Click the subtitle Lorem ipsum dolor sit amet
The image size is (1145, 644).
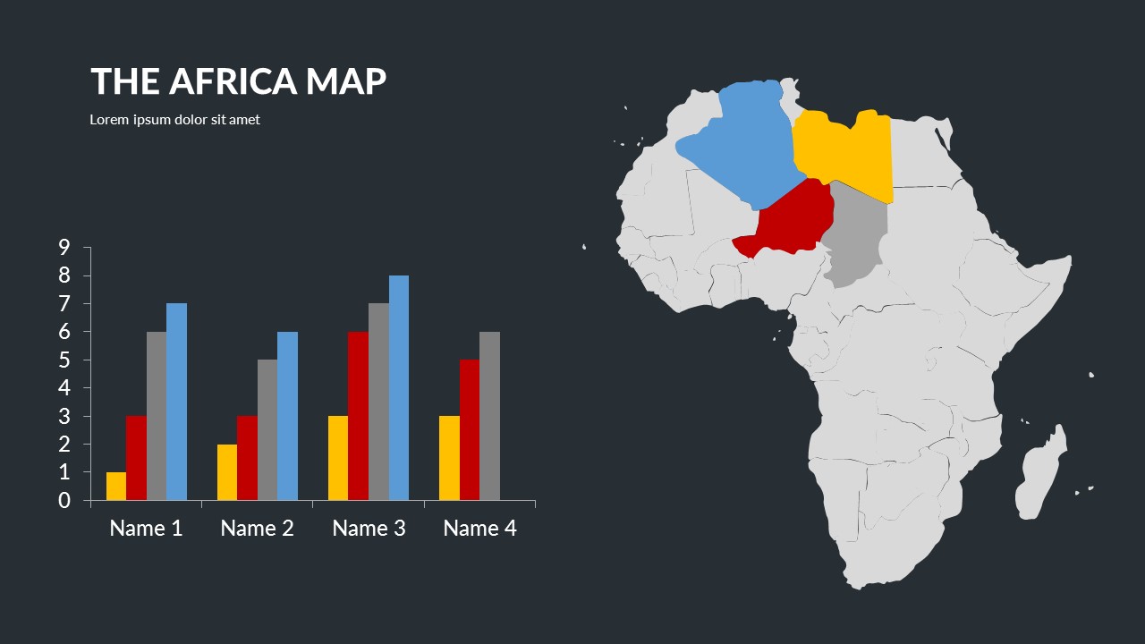pos(174,120)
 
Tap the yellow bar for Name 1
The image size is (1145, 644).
pos(116,486)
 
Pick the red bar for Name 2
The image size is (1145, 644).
pos(247,457)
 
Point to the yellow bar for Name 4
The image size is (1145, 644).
pos(449,457)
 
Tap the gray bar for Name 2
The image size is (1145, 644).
pos(267,429)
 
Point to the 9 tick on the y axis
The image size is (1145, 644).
pos(64,248)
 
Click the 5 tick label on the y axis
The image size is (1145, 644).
pos(64,360)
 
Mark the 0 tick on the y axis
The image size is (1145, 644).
pos(64,500)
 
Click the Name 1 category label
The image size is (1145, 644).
pos(146,529)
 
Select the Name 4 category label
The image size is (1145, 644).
pos(479,529)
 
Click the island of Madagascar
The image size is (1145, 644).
pos(1040,474)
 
